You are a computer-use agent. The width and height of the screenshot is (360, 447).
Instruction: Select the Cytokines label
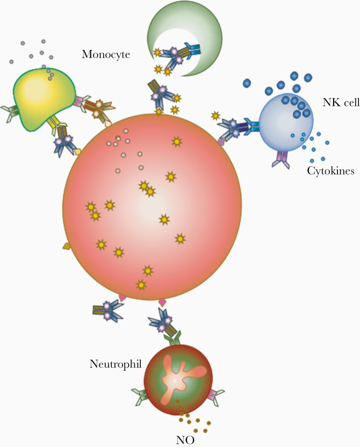coord(330,171)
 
